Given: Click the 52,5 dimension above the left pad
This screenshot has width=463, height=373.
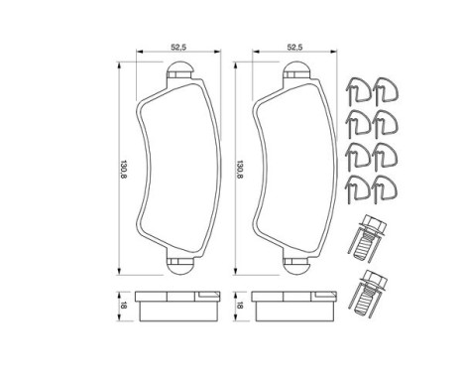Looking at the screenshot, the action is [x=178, y=47].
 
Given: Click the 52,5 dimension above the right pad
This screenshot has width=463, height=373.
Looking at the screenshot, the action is [x=294, y=47].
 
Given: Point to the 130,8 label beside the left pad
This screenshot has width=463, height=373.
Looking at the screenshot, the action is [x=124, y=169].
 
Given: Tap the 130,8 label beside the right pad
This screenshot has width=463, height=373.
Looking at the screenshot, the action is [x=240, y=169].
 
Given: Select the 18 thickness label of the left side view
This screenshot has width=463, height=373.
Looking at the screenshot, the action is [x=124, y=306].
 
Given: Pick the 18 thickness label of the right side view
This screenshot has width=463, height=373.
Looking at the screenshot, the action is [x=240, y=306].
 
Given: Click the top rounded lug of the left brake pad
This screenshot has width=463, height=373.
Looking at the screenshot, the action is [x=179, y=69].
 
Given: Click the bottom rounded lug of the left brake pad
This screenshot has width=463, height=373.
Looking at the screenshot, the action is [x=179, y=266].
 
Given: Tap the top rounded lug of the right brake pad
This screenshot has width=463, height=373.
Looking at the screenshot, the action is [x=296, y=69].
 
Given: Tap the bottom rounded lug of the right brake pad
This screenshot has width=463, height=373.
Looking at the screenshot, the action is [x=296, y=266].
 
